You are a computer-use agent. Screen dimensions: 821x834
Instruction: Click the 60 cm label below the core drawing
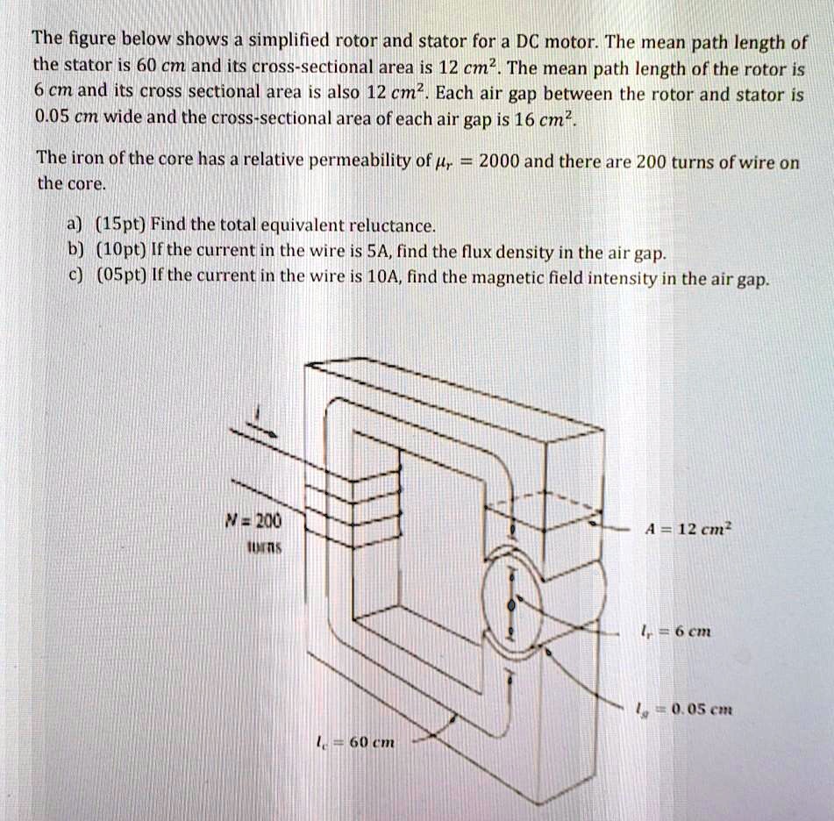click(360, 744)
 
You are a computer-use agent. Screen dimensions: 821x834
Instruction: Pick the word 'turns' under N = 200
click(256, 544)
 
